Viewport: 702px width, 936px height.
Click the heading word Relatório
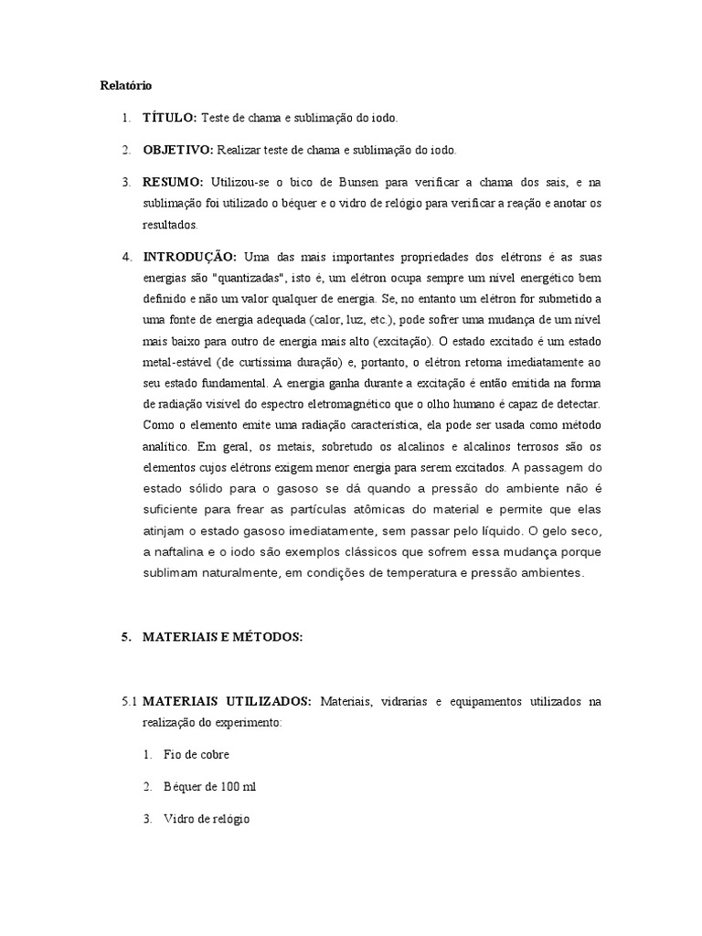126,87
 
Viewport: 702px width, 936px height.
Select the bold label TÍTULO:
169,119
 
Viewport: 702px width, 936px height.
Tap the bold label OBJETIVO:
177,150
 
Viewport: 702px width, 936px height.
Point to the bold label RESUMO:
173,182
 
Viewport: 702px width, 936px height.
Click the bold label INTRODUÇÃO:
189,256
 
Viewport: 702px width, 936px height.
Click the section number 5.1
129,701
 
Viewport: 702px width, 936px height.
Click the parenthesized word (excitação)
398,340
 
